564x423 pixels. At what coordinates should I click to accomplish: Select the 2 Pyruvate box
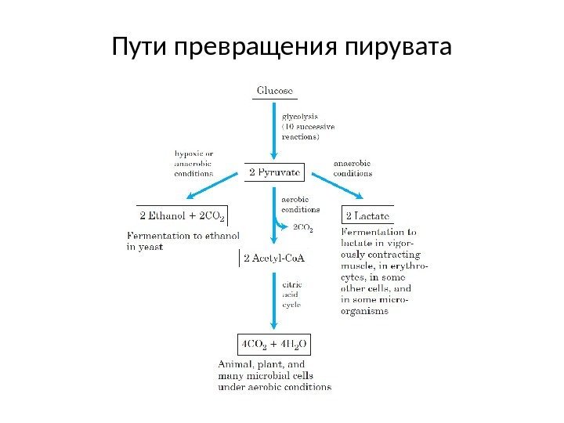pos(274,172)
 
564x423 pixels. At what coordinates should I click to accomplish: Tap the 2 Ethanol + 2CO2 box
pos(182,214)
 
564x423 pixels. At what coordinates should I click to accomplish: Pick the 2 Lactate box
pos(367,214)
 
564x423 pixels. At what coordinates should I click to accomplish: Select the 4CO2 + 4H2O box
pos(274,344)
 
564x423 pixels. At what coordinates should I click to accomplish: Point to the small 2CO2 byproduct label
pos(303,229)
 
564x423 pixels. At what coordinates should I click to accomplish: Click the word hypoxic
pos(190,154)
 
